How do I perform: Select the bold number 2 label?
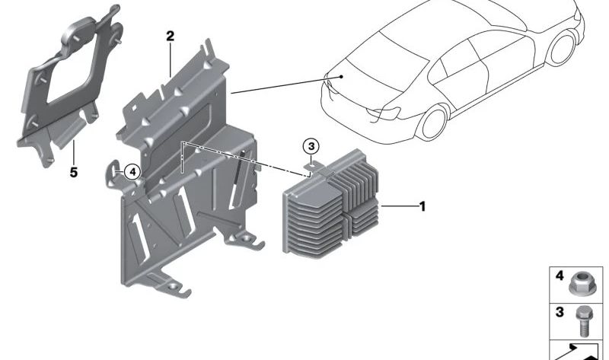(x=170, y=37)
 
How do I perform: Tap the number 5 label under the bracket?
(x=74, y=173)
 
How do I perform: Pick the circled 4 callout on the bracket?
(x=132, y=172)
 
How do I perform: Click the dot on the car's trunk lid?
(x=343, y=76)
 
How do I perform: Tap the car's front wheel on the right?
(x=563, y=47)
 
